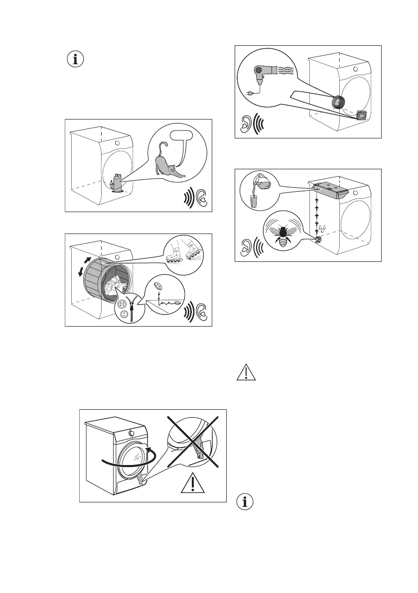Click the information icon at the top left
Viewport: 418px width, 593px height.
[x=76, y=60]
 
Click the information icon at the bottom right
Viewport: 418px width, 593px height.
[x=245, y=501]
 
